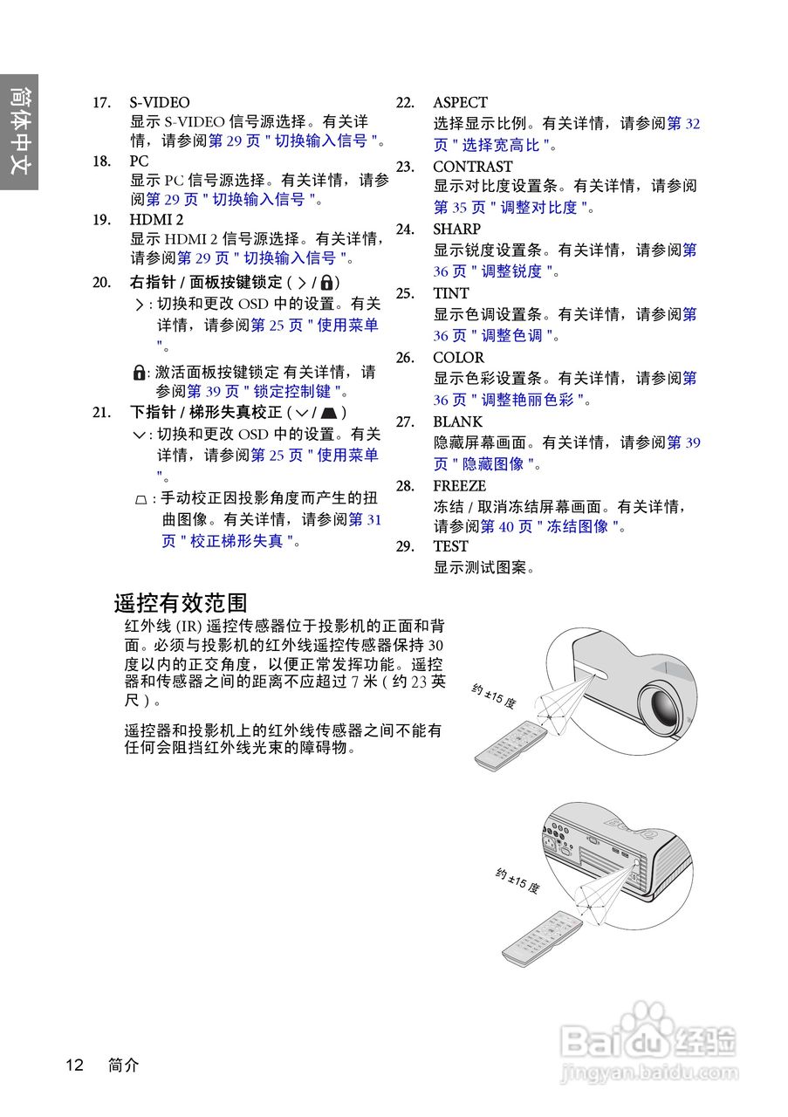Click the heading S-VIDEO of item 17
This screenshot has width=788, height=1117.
point(160,103)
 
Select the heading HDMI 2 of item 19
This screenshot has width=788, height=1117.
point(156,219)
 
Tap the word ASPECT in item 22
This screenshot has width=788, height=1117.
point(460,103)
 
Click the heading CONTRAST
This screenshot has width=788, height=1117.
point(472,167)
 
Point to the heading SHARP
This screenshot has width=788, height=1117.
point(456,230)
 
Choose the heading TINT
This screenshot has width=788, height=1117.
point(450,293)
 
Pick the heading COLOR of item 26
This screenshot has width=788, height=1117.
point(458,358)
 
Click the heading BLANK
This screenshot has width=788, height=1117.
point(457,421)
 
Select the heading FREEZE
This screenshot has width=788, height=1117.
point(459,486)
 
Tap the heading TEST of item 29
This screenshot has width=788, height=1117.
point(450,546)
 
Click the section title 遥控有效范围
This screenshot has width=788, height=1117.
point(181,603)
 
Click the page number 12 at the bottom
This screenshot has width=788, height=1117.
point(74,1065)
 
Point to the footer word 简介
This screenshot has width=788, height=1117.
point(123,1065)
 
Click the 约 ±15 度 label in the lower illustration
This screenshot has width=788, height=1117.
point(517,881)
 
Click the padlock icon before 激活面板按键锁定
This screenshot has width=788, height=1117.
point(139,373)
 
